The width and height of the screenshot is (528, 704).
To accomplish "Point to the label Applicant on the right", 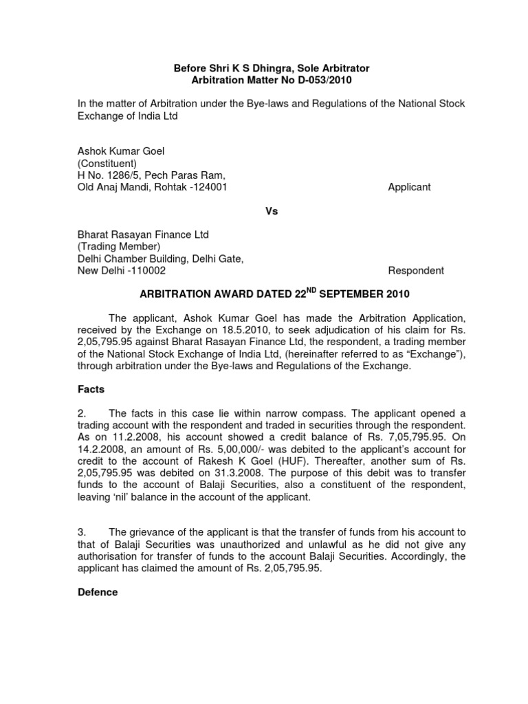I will point(410,187).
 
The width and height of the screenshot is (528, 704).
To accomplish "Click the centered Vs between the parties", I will point(272,212).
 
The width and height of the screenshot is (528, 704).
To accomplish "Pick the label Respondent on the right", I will point(416,271).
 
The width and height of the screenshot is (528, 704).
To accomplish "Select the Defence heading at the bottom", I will point(97,592).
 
